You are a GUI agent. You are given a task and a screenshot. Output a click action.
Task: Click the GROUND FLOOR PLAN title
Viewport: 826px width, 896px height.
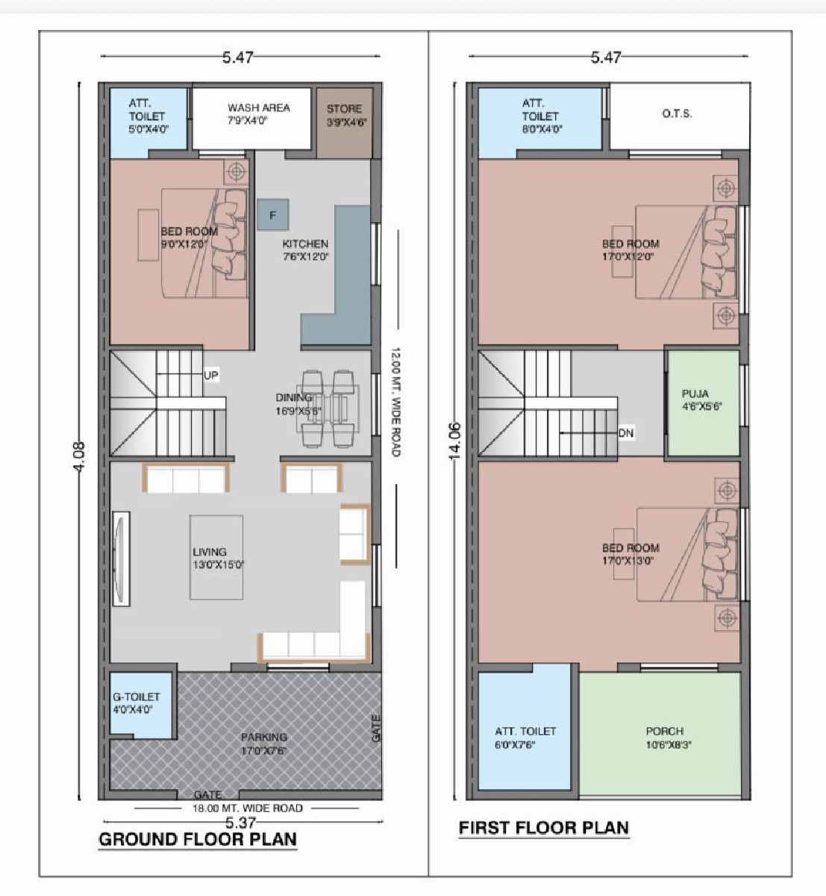[198, 839]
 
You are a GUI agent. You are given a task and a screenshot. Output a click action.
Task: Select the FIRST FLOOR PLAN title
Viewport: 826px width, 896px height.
[543, 827]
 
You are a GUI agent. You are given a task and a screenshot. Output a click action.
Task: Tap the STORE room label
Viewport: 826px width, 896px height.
[343, 109]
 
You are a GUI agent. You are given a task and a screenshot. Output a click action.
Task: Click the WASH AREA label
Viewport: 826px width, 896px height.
[258, 108]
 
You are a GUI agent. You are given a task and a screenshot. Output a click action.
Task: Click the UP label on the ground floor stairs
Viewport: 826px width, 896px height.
[211, 376]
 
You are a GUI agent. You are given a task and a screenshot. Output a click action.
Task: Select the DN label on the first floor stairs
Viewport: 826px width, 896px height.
[625, 433]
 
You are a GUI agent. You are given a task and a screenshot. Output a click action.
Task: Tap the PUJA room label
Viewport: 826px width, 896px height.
[695, 393]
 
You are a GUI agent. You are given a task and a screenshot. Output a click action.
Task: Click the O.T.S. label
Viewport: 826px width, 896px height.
[677, 114]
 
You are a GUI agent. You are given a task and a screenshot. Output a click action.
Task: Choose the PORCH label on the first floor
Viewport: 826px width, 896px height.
[664, 732]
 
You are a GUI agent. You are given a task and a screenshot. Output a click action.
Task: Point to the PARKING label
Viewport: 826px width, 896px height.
[263, 737]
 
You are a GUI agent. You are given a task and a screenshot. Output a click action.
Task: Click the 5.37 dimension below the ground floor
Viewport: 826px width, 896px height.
[240, 823]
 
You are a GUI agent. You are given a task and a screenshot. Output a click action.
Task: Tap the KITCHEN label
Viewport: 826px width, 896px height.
[304, 244]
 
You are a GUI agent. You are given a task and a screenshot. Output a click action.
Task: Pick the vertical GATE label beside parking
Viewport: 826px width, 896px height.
[376, 728]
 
